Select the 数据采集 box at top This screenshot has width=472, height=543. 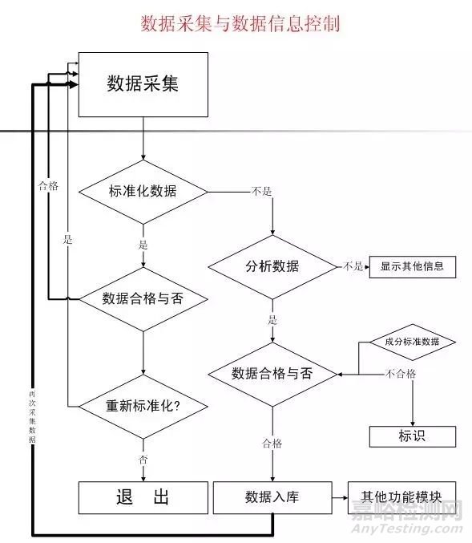click(x=143, y=84)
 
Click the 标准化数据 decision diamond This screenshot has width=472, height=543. click(x=143, y=191)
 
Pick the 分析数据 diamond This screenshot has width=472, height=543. click(x=272, y=266)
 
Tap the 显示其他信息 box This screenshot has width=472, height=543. click(x=412, y=266)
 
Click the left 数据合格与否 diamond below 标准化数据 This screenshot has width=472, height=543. click(x=143, y=298)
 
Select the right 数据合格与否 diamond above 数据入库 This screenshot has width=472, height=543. click(x=272, y=373)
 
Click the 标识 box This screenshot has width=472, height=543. click(x=412, y=436)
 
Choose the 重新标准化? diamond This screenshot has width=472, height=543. click(x=143, y=405)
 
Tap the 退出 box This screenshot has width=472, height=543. click(x=143, y=497)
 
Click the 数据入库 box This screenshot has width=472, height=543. click(x=272, y=497)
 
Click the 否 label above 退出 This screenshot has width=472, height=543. click(x=143, y=460)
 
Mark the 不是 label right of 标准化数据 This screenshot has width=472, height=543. click(x=261, y=191)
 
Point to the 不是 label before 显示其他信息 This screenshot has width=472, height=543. click(x=353, y=266)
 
